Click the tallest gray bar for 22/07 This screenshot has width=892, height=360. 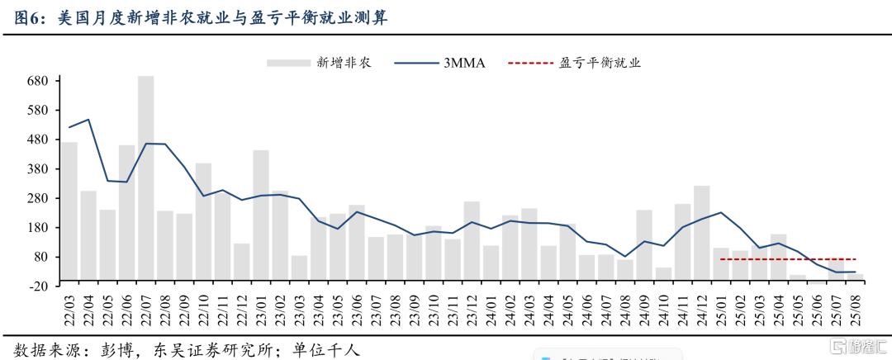(145, 178)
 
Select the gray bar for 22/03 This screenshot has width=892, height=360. (69, 211)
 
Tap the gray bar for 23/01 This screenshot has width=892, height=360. (261, 215)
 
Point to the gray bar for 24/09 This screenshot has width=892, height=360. (644, 244)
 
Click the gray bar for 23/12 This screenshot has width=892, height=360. (472, 240)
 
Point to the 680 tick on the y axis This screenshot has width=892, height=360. (37, 81)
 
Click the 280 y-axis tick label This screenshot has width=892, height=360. (37, 198)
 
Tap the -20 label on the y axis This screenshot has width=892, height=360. (38, 286)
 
